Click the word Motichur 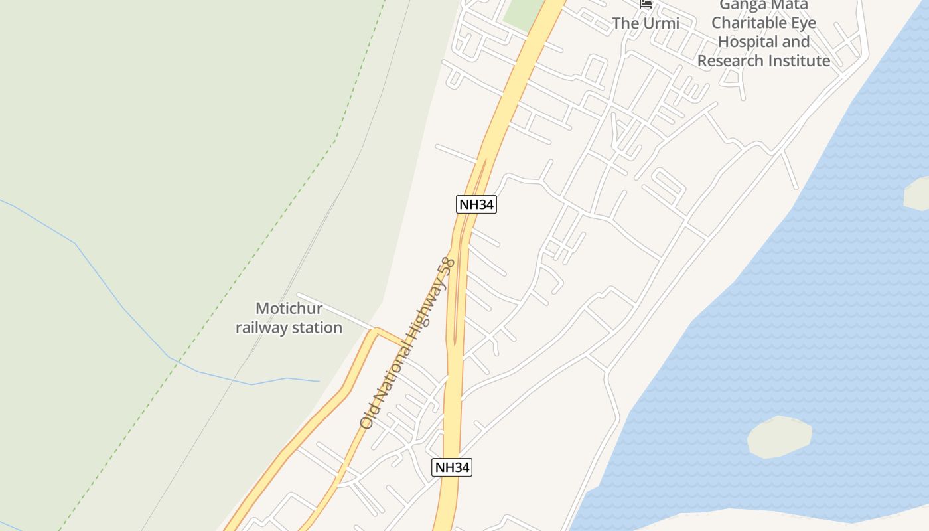pyautogui.click(x=289, y=309)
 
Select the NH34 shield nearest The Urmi pyautogui.click(x=476, y=204)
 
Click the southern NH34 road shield pyautogui.click(x=452, y=467)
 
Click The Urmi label pyautogui.click(x=645, y=23)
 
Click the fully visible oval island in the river pyautogui.click(x=780, y=437)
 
